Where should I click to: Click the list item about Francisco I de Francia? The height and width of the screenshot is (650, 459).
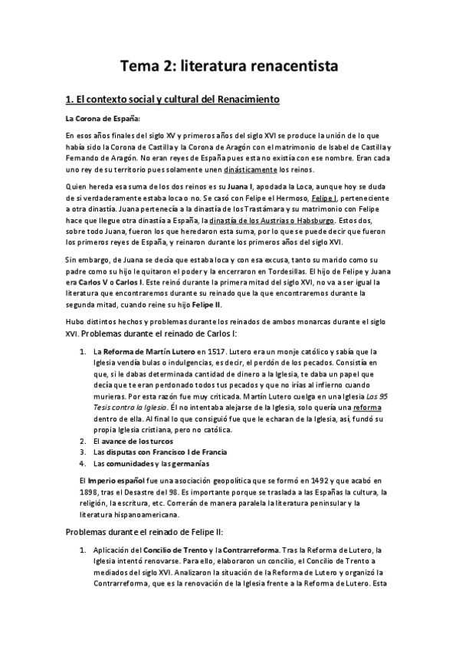coord(145,452)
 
